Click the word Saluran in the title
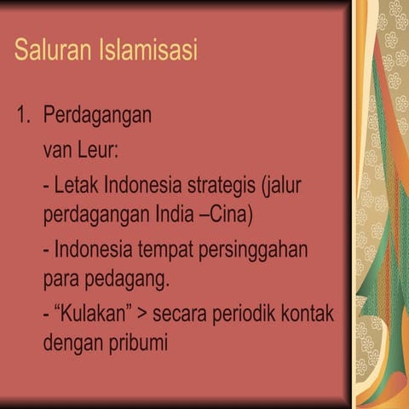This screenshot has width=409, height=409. pos(49,50)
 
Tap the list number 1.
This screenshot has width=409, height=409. pos(22,115)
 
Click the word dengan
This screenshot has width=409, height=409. pos(71,344)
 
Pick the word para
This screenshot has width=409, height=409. pos(59,279)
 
